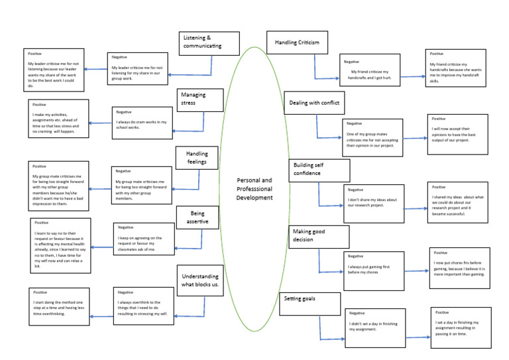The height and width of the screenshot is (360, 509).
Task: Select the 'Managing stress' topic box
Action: tap(199, 99)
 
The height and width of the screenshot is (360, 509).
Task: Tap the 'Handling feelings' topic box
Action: tap(197, 158)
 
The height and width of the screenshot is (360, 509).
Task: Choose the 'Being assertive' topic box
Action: tap(198, 217)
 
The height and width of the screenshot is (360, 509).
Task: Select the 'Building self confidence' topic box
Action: tap(319, 169)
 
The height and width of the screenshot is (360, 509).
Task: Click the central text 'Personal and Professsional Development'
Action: tap(254, 188)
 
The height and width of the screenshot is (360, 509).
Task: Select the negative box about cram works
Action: tap(142, 124)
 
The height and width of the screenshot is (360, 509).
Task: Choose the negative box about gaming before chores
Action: tap(374, 269)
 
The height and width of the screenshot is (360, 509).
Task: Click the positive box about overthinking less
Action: tap(60, 306)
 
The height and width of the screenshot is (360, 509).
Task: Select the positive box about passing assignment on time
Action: tap(461, 328)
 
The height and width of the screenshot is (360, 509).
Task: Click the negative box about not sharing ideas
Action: tap(373, 203)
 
